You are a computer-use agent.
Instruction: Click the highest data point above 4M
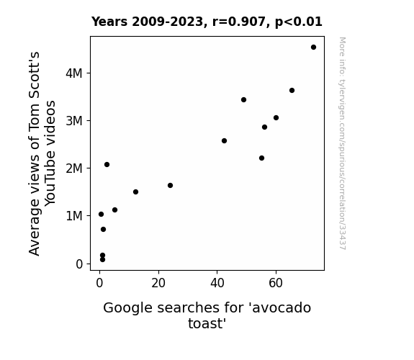(x=313, y=48)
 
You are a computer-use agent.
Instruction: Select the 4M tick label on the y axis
(x=74, y=73)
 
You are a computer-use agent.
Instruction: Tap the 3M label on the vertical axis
(x=74, y=121)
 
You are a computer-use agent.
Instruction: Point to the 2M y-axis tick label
(x=74, y=168)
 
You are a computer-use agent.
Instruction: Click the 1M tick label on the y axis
(x=74, y=216)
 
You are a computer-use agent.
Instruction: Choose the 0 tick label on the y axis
(x=79, y=264)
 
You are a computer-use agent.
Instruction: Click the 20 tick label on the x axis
(x=158, y=283)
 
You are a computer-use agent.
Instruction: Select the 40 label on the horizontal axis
(x=217, y=283)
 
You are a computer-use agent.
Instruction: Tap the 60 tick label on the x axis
(x=276, y=283)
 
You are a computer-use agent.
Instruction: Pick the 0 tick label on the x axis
(x=99, y=283)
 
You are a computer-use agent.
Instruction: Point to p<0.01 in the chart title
(x=299, y=22)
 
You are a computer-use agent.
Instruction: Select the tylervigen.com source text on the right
(x=343, y=143)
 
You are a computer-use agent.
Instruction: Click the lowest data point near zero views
(x=102, y=260)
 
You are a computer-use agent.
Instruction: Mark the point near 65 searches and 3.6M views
(x=292, y=90)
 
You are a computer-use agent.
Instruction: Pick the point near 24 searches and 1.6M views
(x=171, y=186)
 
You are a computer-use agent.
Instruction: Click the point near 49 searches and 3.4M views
(x=243, y=100)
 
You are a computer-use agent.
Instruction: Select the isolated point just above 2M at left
(x=107, y=165)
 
